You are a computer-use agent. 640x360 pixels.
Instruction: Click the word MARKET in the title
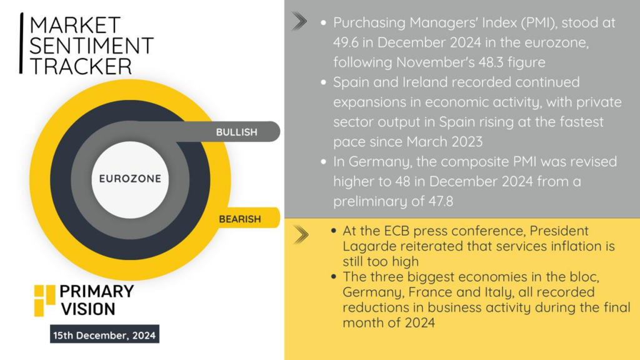point(75,25)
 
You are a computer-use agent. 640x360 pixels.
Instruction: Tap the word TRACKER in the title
point(81,66)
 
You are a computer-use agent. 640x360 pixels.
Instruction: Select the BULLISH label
point(237,132)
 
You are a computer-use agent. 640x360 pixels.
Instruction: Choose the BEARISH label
point(240,219)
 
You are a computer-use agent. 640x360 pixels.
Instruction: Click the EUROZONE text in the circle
point(130,179)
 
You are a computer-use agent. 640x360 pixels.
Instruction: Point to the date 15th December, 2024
point(104,335)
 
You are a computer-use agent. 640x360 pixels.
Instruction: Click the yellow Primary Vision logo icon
point(44,301)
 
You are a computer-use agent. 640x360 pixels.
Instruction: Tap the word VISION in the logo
point(88,309)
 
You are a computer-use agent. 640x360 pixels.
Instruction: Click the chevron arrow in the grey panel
point(299,22)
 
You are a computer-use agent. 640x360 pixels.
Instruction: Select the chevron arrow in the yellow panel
point(301,235)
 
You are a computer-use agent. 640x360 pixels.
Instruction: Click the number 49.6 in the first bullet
point(345,42)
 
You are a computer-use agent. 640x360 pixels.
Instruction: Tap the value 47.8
point(441,201)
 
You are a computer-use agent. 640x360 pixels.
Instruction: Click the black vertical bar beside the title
point(21,43)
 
